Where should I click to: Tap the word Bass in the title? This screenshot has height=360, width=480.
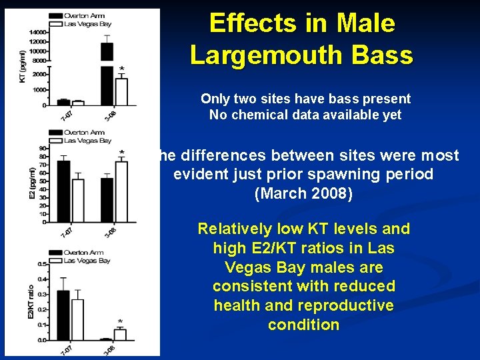(x=385, y=55)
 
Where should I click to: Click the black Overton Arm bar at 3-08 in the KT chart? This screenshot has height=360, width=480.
(x=107, y=73)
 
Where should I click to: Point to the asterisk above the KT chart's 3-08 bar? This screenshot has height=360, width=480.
(x=121, y=69)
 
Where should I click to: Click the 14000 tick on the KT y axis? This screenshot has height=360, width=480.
(x=37, y=32)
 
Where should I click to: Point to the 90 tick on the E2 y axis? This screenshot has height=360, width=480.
(x=43, y=149)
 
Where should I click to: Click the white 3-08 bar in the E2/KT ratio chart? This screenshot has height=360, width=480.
(x=121, y=335)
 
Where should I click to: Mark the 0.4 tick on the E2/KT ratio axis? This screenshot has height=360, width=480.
(x=42, y=279)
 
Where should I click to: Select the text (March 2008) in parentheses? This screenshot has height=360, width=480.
(x=303, y=195)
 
